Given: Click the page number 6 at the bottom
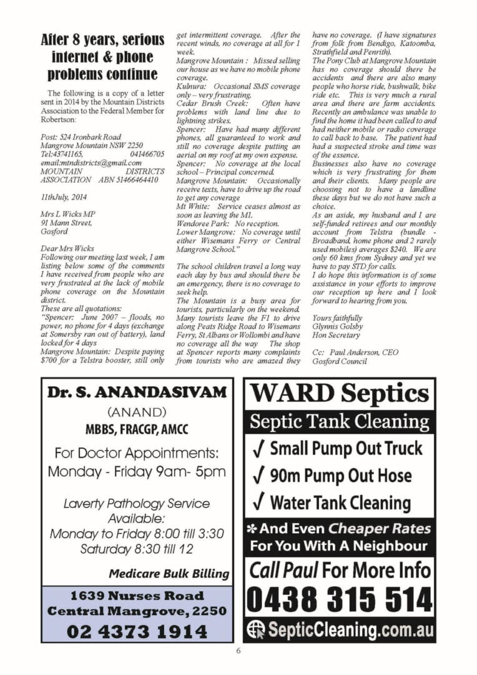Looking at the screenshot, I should coord(238,650).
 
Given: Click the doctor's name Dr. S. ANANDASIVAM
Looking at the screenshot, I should coord(137,392).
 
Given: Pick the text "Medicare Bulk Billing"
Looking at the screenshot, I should coord(169,573).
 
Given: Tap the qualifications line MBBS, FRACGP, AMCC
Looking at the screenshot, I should coord(137,429).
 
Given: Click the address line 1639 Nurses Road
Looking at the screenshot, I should coord(137,596).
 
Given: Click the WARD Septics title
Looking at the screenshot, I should coord(340,394).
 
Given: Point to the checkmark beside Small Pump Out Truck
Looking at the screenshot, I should coord(258,448).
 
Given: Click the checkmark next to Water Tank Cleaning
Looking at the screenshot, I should coord(258,502).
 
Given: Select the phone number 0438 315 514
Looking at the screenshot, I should coord(340,601).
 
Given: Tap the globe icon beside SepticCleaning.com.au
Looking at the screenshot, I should coord(255,628).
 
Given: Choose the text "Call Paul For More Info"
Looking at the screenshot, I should coord(340,570).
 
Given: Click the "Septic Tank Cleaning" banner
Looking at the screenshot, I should coord(340,422).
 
